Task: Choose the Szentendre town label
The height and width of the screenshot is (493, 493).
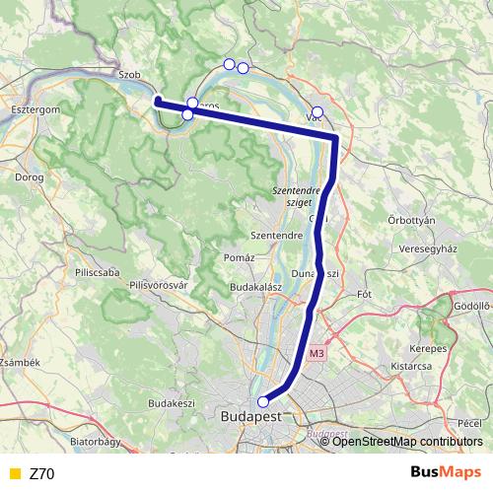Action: coord(275,237)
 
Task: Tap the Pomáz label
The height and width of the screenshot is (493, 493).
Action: coord(239,257)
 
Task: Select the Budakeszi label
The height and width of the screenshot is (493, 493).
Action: coord(172,404)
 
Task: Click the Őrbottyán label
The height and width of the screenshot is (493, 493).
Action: coord(411,221)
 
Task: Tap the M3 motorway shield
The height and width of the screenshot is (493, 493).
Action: coord(316,353)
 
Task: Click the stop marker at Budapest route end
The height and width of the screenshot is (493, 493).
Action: coord(262,401)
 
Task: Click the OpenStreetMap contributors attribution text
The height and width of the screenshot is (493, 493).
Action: coord(407,442)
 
